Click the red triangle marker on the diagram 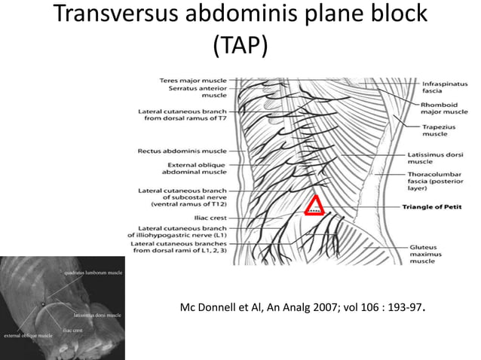pos(314,205)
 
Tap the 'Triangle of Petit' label pos(432,206)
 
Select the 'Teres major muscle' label pos(193,80)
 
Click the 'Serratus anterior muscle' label pos(199,92)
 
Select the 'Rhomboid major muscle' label pos(443,108)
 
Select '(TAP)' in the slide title pos(240,47)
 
